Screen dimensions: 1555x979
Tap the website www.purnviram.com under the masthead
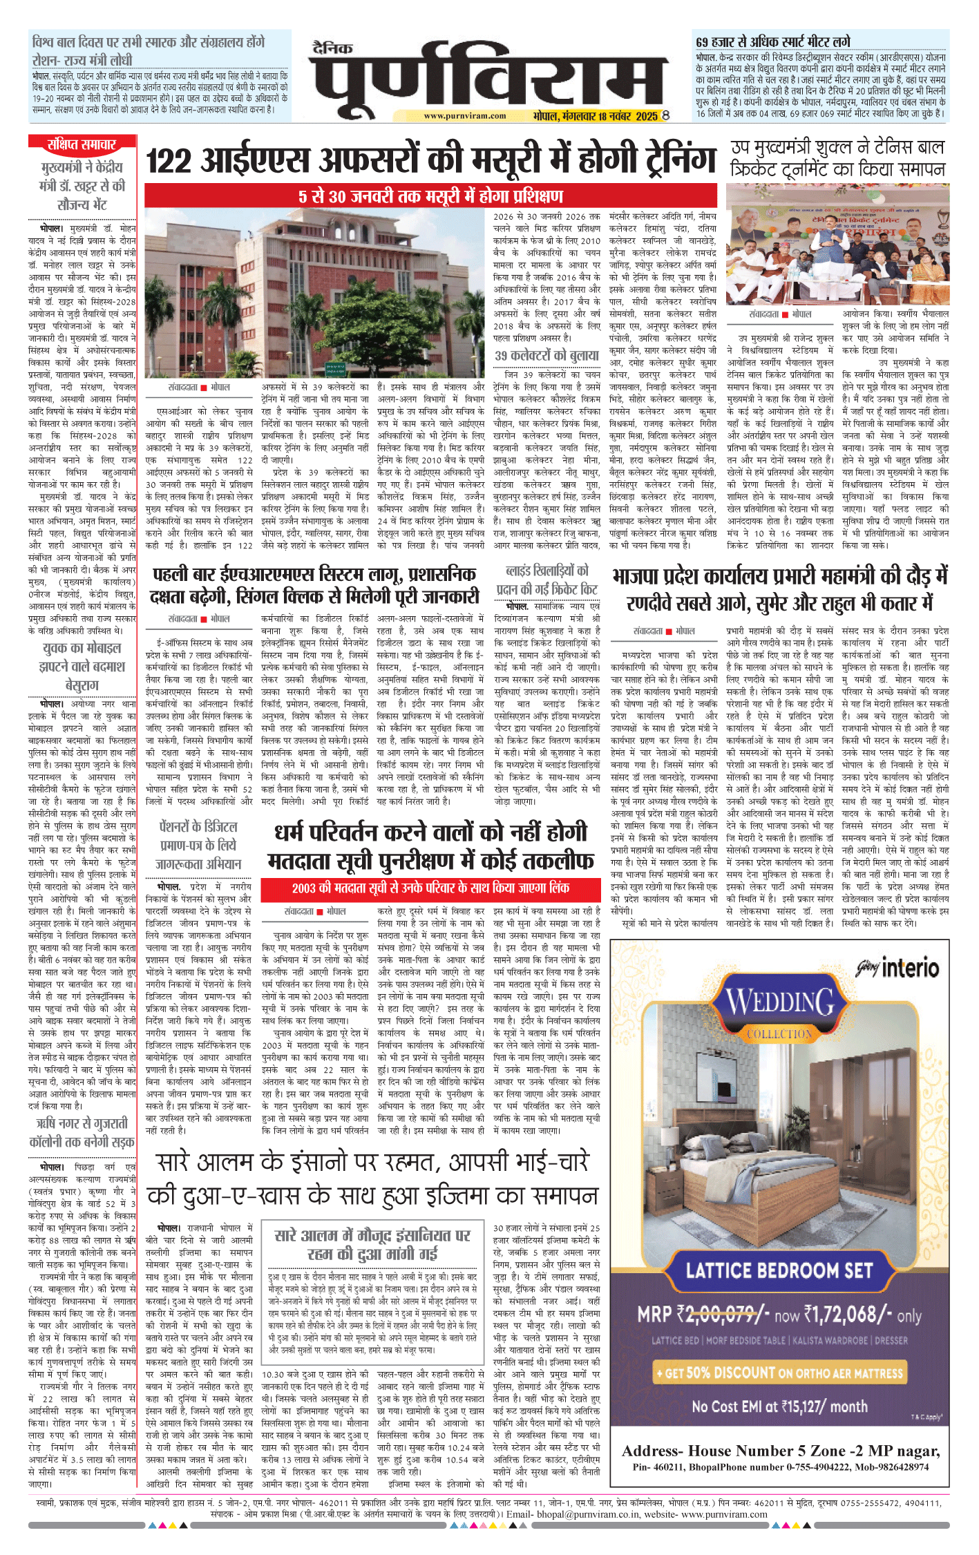point(464,116)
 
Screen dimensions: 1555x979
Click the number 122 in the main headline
point(168,162)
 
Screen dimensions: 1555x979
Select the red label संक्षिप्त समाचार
point(82,144)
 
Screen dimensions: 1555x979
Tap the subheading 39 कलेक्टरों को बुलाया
point(546,356)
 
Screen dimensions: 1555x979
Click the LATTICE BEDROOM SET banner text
point(779,1270)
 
